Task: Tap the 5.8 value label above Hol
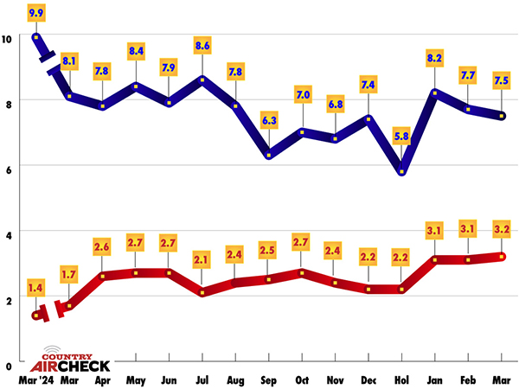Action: [401, 136]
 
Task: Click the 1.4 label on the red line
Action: [36, 286]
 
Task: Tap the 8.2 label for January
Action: [434, 60]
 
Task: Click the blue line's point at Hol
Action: [401, 172]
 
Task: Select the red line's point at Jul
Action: [202, 293]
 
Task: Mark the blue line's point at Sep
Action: [269, 155]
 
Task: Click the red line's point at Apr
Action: [103, 277]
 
